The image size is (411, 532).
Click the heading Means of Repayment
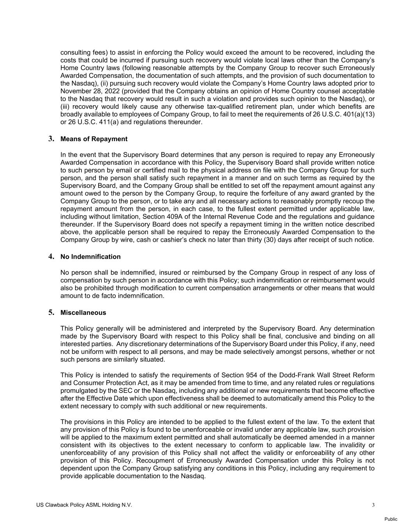(94, 139)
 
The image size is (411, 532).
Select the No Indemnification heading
(90, 257)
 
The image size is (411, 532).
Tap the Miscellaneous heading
(83, 313)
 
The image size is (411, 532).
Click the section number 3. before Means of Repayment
(51, 139)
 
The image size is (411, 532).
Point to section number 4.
(51, 256)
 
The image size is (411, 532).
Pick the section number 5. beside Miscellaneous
(51, 313)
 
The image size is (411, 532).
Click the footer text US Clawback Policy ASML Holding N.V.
(84, 505)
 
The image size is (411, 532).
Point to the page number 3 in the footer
(373, 505)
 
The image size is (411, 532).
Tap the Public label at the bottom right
(391, 519)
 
